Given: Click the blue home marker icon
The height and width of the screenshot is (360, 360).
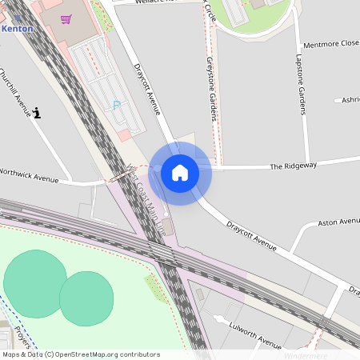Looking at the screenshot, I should pos(180,173).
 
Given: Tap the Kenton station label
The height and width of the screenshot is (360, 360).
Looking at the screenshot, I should pos(17,28).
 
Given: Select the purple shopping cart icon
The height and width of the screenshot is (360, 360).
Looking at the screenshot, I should pos(66,18).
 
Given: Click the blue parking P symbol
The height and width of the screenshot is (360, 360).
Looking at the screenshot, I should pos(118,105).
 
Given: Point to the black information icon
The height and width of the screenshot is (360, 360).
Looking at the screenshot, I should pos(38,113).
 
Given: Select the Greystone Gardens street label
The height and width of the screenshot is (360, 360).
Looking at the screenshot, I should pos(212,89).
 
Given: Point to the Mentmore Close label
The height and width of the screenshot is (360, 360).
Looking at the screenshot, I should pos(330,44).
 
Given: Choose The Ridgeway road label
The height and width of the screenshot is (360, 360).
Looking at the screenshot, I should pos(293,166).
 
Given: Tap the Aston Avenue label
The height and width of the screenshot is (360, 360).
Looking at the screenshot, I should pos(339,222).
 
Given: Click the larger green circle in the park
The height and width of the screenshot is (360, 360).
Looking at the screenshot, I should pos(34,283).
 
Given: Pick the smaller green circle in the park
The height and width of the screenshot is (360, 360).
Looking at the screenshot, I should pos(86,298).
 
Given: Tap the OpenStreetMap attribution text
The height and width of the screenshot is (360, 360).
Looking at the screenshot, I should pos(81,354).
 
